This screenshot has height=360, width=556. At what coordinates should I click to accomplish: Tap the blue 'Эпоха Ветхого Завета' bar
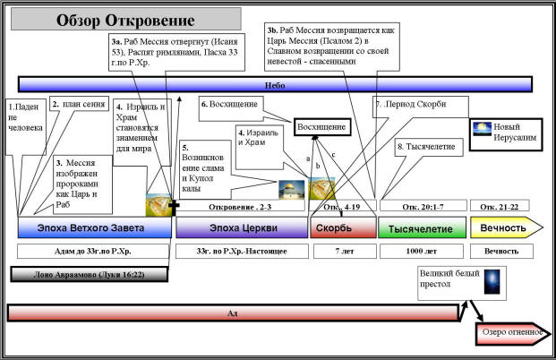tap(94, 227)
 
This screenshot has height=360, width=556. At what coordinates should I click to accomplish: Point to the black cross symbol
tap(173, 207)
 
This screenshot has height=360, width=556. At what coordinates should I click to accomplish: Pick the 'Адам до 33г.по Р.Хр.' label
tap(94, 251)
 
